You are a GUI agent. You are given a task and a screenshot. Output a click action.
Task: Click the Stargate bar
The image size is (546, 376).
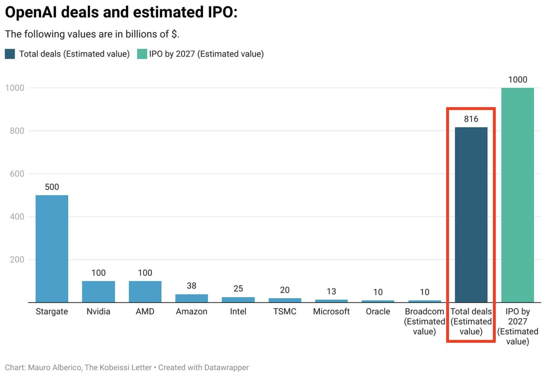click(52, 249)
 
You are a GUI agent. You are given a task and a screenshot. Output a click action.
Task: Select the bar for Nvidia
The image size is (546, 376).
click(98, 291)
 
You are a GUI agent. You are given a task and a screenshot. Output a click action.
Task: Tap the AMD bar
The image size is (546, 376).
click(145, 291)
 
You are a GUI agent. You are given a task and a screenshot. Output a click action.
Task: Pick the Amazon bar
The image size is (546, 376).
click(192, 298)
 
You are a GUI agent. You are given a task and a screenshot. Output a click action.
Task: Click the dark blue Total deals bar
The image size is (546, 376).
click(471, 214)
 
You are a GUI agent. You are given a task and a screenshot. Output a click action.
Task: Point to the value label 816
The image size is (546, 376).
click(471, 119)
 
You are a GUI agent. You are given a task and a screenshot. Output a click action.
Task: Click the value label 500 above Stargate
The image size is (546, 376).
click(52, 187)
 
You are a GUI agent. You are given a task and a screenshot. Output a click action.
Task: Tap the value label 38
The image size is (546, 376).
click(192, 286)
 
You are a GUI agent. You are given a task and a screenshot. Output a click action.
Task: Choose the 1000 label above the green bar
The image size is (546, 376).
click(517, 79)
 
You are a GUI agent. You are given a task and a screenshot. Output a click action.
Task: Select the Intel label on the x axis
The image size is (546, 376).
click(238, 312)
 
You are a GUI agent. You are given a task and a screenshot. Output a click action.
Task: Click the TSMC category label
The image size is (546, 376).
click(285, 312)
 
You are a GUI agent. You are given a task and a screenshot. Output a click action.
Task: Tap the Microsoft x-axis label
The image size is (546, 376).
click(331, 312)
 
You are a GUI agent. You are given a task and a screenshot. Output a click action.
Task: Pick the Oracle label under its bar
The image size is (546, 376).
click(378, 312)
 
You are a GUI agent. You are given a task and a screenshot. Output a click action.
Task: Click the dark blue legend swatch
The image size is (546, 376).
click(10, 54)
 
